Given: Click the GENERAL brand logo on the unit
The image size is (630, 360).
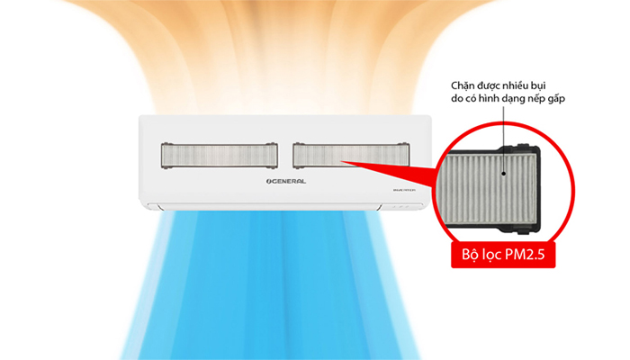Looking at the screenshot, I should coord(280,181).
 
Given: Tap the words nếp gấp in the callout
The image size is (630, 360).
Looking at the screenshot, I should coord(554,101).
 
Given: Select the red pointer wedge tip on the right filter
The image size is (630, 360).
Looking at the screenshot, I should coord(343,162).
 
